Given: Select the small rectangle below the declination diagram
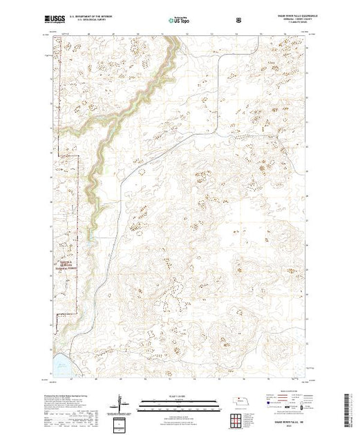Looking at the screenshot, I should tap(122, 423).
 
